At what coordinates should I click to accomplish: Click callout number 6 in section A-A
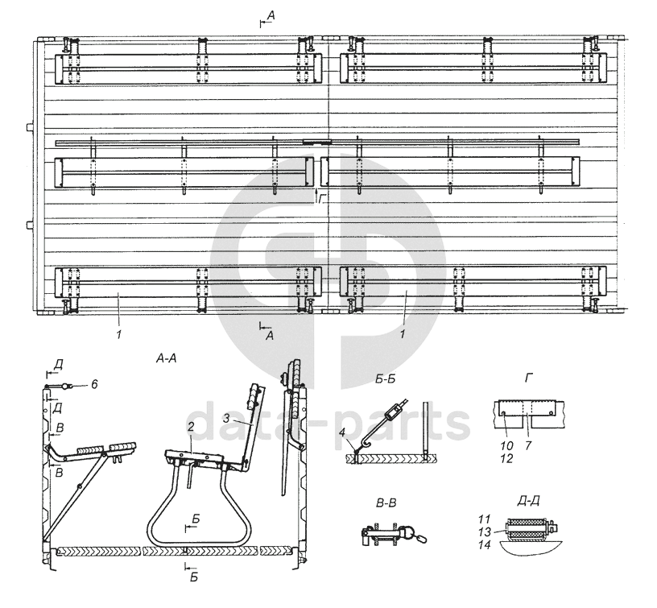95,384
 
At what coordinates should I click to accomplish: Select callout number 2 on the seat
191,427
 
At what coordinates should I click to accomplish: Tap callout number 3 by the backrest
226,418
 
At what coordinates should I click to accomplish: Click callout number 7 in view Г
528,445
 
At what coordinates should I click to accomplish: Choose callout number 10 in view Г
506,445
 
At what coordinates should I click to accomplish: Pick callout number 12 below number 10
506,458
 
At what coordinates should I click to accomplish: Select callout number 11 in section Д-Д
484,519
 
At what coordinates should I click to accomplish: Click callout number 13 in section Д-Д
485,532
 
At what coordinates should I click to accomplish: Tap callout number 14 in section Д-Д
485,545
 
